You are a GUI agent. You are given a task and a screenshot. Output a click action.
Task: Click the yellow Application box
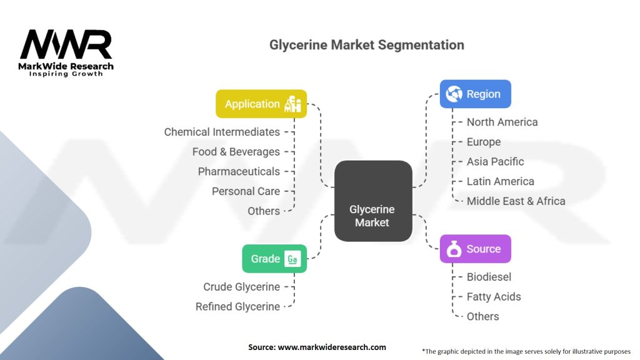(261, 104)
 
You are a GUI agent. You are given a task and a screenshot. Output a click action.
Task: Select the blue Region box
(475, 94)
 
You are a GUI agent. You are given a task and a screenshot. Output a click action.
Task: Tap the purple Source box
(475, 249)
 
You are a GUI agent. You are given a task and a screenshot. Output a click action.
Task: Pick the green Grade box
(274, 258)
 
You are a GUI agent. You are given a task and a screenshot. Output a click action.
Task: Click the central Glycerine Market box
(373, 201)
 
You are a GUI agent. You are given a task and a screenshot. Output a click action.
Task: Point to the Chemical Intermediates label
(222, 132)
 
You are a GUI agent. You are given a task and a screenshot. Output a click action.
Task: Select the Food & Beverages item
(236, 152)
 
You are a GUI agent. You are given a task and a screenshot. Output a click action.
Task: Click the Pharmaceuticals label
(239, 171)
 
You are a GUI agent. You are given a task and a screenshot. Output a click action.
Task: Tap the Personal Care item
(246, 191)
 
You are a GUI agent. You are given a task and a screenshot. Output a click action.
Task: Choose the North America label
(502, 122)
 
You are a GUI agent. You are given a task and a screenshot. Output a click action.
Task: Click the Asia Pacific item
(495, 162)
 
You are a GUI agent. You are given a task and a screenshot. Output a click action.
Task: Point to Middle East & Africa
(516, 201)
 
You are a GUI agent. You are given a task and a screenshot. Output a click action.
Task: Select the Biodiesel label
(489, 277)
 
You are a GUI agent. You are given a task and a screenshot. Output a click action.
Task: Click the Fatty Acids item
(494, 297)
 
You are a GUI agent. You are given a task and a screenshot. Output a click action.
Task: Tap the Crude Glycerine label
(242, 287)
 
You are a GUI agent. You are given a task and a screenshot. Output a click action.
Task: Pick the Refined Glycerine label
(237, 306)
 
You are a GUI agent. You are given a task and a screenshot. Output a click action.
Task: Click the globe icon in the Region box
(454, 94)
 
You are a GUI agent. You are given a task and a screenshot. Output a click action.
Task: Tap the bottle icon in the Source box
(454, 249)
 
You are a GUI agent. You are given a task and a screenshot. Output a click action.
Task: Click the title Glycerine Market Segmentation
(366, 45)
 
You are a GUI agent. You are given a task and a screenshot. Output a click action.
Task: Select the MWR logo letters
(66, 44)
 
